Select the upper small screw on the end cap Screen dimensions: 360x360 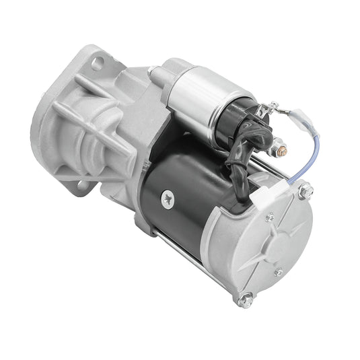pos(271,217)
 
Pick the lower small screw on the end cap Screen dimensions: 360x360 pos(278,273)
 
